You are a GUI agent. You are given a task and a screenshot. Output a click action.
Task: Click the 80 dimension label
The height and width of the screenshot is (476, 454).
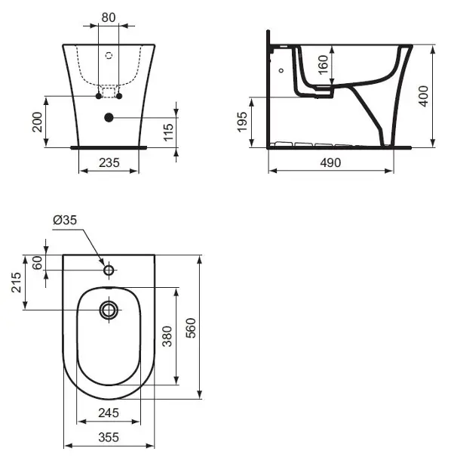[x=108, y=17]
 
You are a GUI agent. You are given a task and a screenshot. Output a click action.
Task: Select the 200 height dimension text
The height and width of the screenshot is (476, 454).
[x=37, y=122]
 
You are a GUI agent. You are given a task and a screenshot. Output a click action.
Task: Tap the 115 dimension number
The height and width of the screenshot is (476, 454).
[x=168, y=132]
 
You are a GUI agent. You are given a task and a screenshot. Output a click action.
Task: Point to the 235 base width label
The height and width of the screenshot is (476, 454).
[x=109, y=162]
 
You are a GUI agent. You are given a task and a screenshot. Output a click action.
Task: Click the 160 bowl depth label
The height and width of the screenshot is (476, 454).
[x=324, y=64]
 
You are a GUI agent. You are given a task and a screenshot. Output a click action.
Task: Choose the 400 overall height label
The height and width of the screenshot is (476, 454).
[x=423, y=96]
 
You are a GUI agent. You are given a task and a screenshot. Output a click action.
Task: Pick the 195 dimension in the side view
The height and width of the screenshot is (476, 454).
[x=242, y=122]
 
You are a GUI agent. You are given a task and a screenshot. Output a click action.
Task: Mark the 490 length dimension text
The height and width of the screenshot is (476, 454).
[x=330, y=162]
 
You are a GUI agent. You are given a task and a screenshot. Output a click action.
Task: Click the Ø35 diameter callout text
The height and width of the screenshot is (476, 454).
[x=65, y=220]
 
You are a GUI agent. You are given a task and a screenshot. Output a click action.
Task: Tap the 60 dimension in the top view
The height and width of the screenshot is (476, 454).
[x=37, y=263]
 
